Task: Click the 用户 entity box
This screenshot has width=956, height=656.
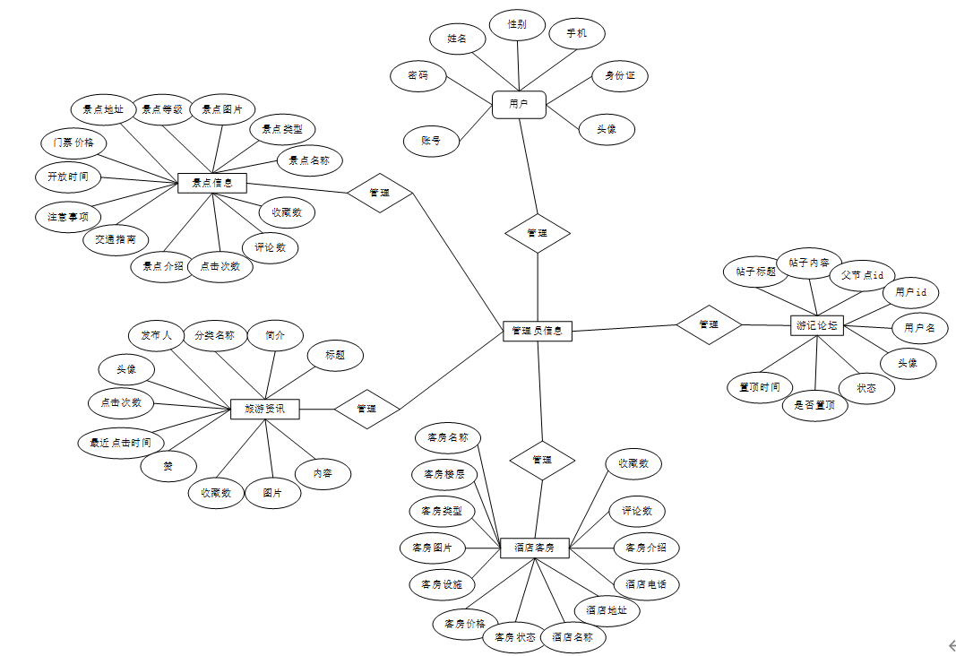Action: [x=519, y=104]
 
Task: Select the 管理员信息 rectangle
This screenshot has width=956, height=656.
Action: [x=537, y=331]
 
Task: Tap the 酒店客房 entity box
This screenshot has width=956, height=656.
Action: [x=534, y=547]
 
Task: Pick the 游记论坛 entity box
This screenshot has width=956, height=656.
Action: [x=817, y=325]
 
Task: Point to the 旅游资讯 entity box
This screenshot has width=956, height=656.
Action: [x=264, y=409]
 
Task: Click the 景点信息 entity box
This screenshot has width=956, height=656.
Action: [x=212, y=184]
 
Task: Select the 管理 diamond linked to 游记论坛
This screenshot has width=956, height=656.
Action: [x=709, y=324]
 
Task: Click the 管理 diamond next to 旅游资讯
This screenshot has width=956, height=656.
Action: [x=366, y=409]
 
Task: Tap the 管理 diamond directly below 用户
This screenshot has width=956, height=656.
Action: [x=537, y=233]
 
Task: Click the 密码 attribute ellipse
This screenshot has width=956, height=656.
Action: [x=418, y=75]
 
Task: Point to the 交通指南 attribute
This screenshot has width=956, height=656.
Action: [x=116, y=239]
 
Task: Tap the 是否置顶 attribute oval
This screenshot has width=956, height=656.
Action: [x=814, y=405]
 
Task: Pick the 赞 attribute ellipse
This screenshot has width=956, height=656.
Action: [x=168, y=466]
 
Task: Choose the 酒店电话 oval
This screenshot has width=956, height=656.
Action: [x=645, y=584]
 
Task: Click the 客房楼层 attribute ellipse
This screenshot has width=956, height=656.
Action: [x=444, y=474]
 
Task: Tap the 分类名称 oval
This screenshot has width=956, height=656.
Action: [x=214, y=336]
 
